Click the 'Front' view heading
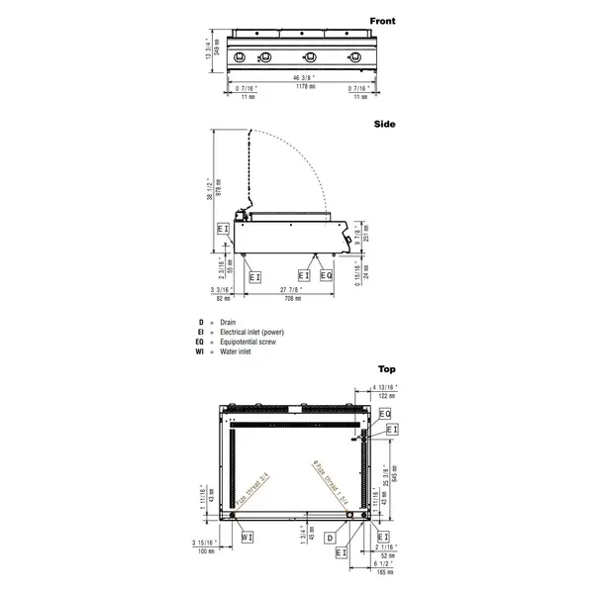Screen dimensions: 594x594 (382, 20)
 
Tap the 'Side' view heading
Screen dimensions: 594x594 (385, 124)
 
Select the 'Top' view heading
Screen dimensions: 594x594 (386, 367)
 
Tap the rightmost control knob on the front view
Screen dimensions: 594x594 (353, 56)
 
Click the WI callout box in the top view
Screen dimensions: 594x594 (247, 537)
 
